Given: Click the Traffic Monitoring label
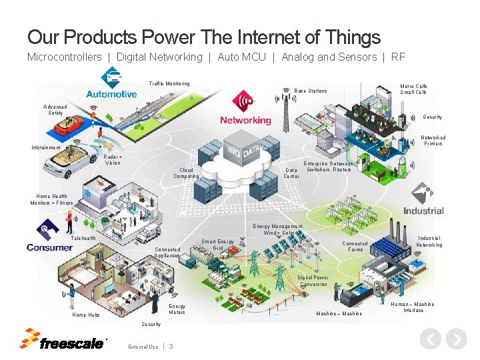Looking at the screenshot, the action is point(169,83).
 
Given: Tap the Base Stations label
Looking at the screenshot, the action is point(311,91).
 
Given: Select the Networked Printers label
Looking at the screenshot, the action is point(433,141).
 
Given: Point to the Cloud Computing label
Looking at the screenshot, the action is point(186,173).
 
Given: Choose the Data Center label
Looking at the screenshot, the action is point(291,173).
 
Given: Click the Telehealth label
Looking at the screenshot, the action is point(83,238).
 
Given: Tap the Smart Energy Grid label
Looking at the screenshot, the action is point(218,245).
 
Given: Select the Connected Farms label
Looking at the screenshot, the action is point(355,247).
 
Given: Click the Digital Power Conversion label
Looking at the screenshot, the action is point(313,281).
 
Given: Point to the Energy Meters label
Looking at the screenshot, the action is point(177,309).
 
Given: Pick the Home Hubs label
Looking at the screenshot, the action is point(86,315).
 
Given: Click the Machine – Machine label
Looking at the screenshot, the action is point(339,313).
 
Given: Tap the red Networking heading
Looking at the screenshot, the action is point(245,121).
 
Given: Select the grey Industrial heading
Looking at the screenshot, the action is point(423,211).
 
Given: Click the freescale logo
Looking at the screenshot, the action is point(63,340).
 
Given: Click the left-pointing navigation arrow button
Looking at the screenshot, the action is point(431,339).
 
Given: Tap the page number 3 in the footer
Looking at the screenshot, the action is point(171,346).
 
